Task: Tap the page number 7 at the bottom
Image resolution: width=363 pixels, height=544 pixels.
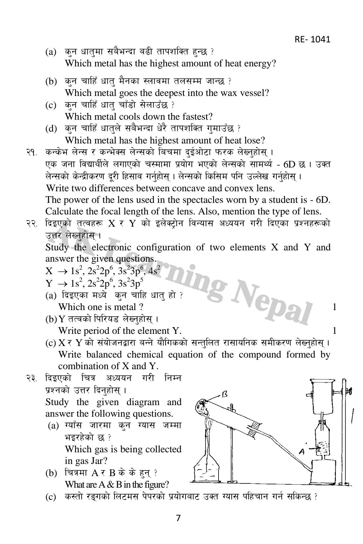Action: (179, 518)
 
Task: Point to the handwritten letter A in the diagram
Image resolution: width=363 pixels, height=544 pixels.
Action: (302, 452)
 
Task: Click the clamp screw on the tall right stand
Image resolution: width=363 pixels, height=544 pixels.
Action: (350, 390)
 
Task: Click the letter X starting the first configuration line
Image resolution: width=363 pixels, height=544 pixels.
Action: (49, 271)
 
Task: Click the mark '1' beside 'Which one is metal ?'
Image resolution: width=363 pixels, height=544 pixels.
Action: (334, 307)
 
